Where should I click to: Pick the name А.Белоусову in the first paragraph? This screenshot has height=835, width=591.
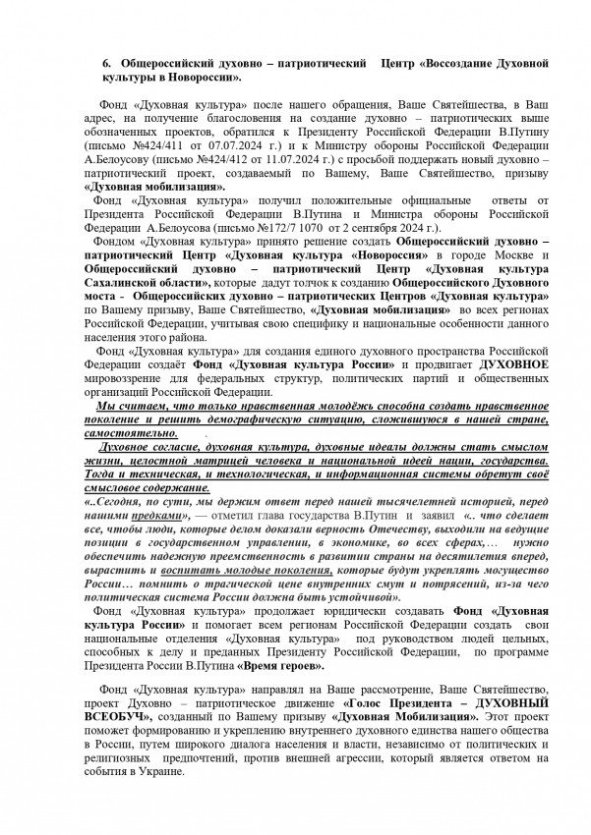[118, 164]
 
